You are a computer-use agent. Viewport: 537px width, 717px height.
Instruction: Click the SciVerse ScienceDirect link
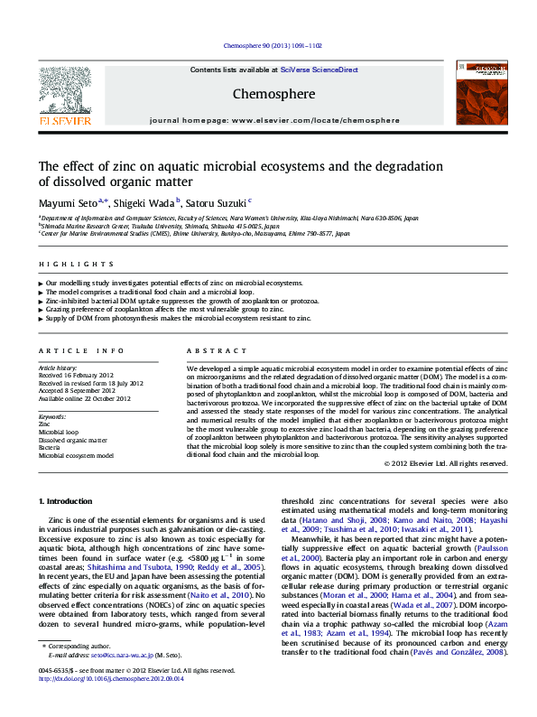tap(319, 70)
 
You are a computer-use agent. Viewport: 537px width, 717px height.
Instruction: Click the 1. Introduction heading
tap(69, 501)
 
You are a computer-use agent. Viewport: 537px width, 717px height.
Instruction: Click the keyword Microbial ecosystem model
tap(76, 456)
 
